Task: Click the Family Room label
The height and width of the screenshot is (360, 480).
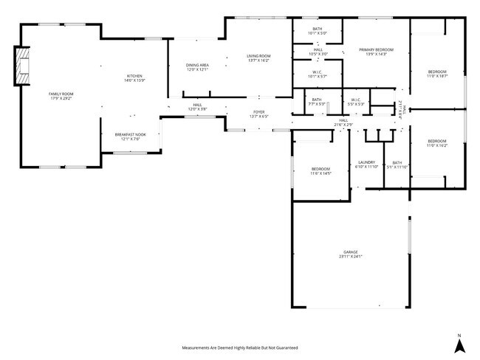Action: pyautogui.click(x=61, y=96)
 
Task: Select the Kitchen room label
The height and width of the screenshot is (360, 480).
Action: pyautogui.click(x=134, y=79)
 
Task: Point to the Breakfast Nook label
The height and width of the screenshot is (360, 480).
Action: pyautogui.click(x=130, y=136)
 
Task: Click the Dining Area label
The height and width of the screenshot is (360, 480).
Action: pyautogui.click(x=197, y=67)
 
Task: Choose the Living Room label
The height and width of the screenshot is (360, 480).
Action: pyautogui.click(x=258, y=58)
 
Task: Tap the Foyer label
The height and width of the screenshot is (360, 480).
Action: pyautogui.click(x=259, y=114)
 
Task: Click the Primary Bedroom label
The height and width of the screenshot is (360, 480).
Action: pyautogui.click(x=376, y=52)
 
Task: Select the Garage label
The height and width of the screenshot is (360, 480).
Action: pyautogui.click(x=350, y=255)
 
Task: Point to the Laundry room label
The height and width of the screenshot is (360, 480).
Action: pyautogui.click(x=367, y=165)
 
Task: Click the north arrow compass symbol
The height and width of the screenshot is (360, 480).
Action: pyautogui.click(x=458, y=343)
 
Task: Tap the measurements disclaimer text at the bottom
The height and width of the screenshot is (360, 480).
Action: pyautogui.click(x=240, y=347)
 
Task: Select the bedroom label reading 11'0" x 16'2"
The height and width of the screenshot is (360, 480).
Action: pyautogui.click(x=436, y=143)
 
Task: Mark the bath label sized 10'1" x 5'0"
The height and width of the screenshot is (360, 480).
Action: pyautogui.click(x=316, y=31)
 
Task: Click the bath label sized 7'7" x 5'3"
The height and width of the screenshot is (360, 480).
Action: pyautogui.click(x=316, y=102)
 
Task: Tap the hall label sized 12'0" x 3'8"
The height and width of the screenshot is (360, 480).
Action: pyautogui.click(x=197, y=108)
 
